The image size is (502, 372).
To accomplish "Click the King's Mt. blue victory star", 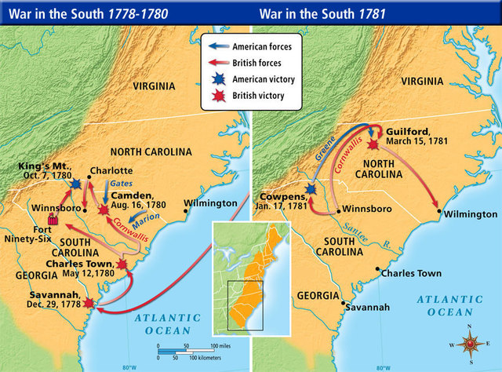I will [x=76, y=183].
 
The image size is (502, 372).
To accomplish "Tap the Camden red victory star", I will [x=104, y=210].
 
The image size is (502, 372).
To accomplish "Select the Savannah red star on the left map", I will [x=89, y=303].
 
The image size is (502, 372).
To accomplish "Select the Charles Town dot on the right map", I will [x=376, y=271].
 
